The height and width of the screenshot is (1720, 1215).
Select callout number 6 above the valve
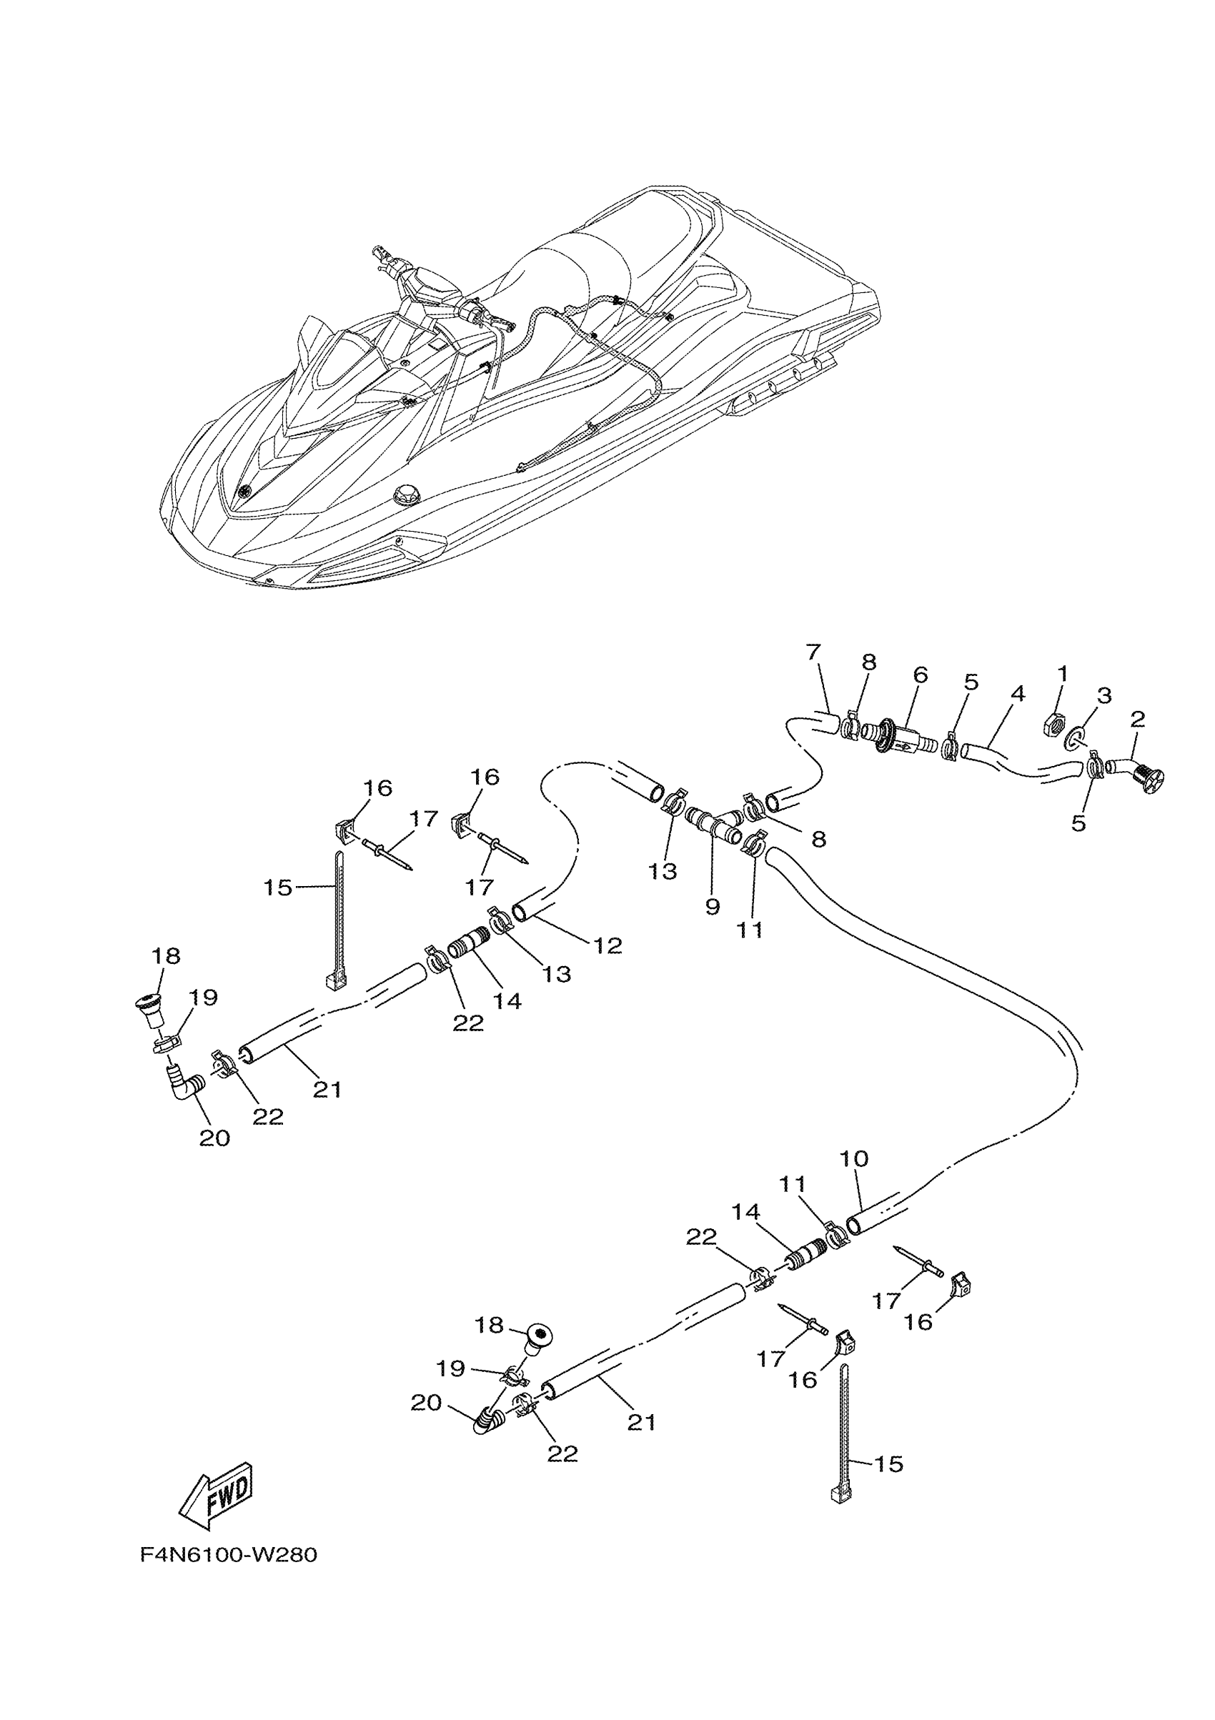coord(921,675)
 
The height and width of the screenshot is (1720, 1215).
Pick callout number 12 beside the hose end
coord(607,945)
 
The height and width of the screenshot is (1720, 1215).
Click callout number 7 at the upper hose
coord(813,652)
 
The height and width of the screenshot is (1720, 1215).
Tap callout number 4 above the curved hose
coord(1016,694)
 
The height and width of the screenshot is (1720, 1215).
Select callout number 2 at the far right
coord(1137,719)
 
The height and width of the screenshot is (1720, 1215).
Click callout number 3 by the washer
coord(1104,695)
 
